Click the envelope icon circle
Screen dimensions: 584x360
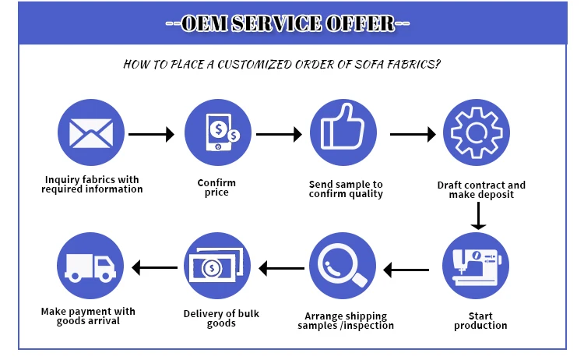coord(92,134)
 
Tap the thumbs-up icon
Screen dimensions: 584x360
coord(343,134)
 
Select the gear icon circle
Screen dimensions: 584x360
coord(476,134)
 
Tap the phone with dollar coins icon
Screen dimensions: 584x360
coord(217,134)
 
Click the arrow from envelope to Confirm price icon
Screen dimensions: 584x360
coord(151,134)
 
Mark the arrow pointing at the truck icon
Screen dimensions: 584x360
coord(153,269)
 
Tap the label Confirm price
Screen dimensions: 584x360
coord(216,187)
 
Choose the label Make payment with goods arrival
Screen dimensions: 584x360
coord(88,316)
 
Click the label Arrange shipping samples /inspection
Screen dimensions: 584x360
coord(346,320)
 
